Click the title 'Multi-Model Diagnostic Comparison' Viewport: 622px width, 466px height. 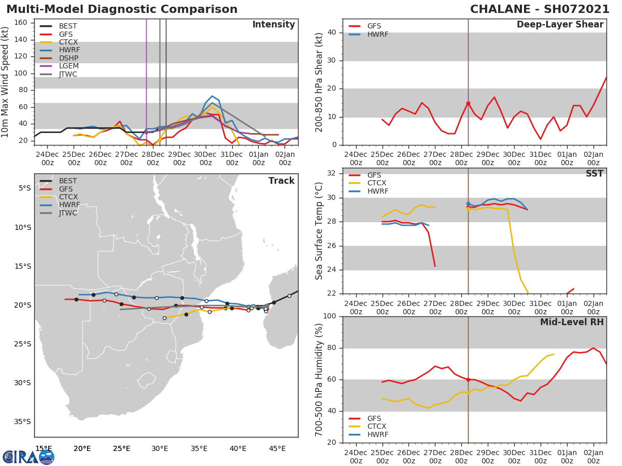(122, 9)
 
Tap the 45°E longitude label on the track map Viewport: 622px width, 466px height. (277, 448)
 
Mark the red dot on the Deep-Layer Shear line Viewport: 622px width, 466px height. (468, 104)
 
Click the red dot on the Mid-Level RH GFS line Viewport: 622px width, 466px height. (468, 380)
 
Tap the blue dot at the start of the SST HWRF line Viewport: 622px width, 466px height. (468, 204)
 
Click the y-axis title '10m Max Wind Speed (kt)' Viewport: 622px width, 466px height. (6, 83)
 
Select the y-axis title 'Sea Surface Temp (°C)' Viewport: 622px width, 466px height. (319, 231)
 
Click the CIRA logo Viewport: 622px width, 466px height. (29, 457)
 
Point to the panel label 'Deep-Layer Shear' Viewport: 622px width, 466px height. (560, 25)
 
